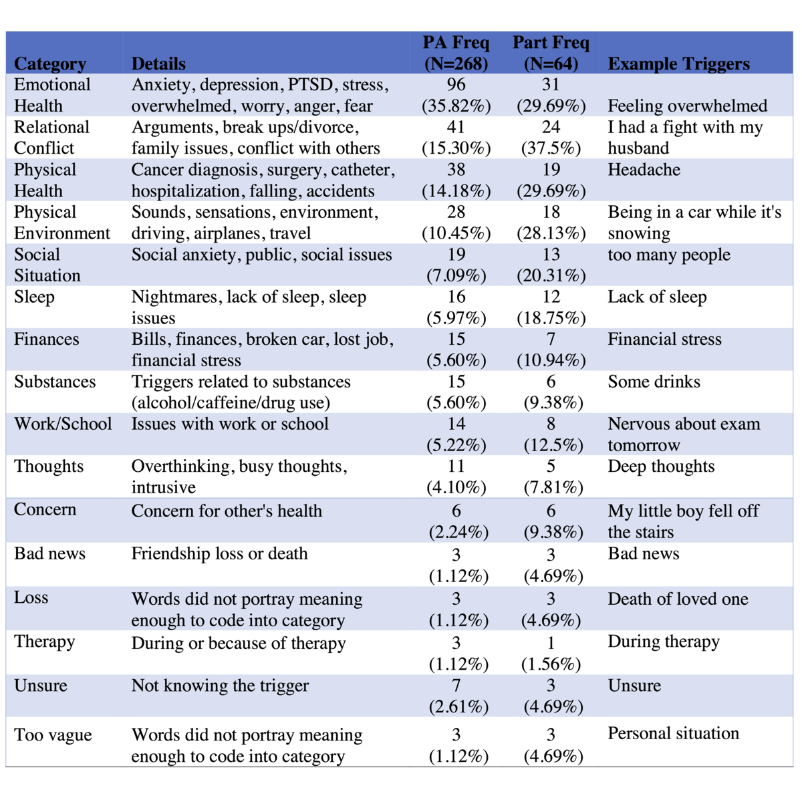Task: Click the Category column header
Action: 50,64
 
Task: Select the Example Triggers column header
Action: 678,64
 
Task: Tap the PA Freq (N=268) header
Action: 456,53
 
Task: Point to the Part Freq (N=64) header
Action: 551,53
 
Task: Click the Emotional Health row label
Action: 52,95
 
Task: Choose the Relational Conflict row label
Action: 51,138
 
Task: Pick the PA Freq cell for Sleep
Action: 456,307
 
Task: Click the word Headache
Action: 644,170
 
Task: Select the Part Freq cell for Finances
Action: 551,350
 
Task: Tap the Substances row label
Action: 55,382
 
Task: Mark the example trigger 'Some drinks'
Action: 654,382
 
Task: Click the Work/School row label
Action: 63,424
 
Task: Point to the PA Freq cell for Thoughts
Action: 456,477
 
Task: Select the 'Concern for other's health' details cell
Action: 227,511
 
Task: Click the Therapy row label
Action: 45,642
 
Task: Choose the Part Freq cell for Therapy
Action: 551,653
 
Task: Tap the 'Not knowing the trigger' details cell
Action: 220,686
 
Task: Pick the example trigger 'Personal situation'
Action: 673,733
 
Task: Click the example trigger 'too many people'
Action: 668,255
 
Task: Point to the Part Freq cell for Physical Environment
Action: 551,223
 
